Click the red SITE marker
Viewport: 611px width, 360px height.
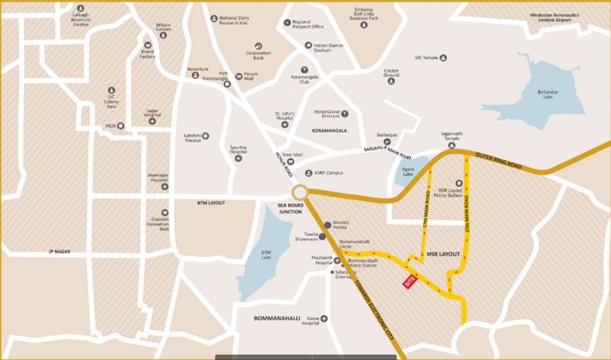(410, 282)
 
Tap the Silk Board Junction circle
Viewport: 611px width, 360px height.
(300, 193)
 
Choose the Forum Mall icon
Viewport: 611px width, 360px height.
(239, 76)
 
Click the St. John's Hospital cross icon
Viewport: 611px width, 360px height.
(285, 124)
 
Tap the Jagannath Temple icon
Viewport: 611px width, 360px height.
(452, 146)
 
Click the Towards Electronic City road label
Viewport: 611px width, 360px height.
(373, 309)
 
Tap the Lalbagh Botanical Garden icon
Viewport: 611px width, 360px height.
(81, 8)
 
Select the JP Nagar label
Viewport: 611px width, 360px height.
(59, 252)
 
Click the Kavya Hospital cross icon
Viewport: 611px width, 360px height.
(324, 318)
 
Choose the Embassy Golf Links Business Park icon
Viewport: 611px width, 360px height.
(364, 25)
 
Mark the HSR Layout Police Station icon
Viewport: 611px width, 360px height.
(459, 183)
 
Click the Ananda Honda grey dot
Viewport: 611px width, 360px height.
(328, 225)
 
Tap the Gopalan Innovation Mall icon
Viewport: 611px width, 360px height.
(165, 212)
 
